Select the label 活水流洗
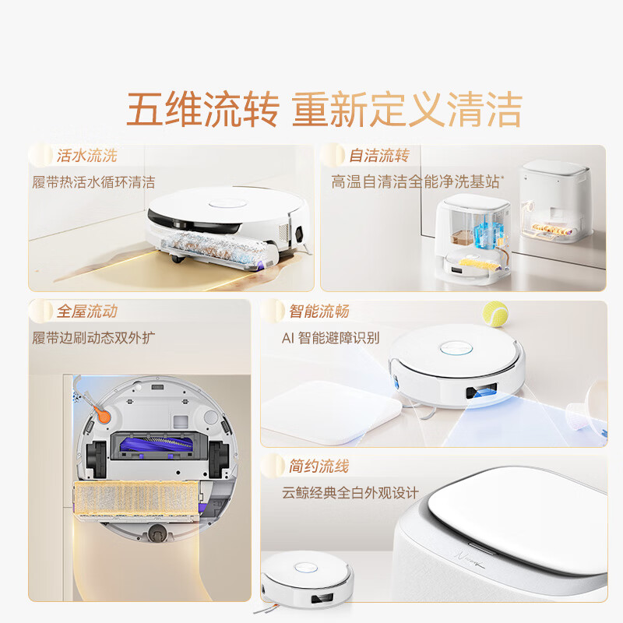(x=86, y=155)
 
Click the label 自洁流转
(x=378, y=155)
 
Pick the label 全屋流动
(x=86, y=311)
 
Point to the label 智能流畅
(x=319, y=311)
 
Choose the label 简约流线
(x=319, y=466)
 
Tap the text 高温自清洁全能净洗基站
(x=417, y=182)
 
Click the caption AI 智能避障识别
(x=330, y=338)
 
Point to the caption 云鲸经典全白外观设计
(x=350, y=493)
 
